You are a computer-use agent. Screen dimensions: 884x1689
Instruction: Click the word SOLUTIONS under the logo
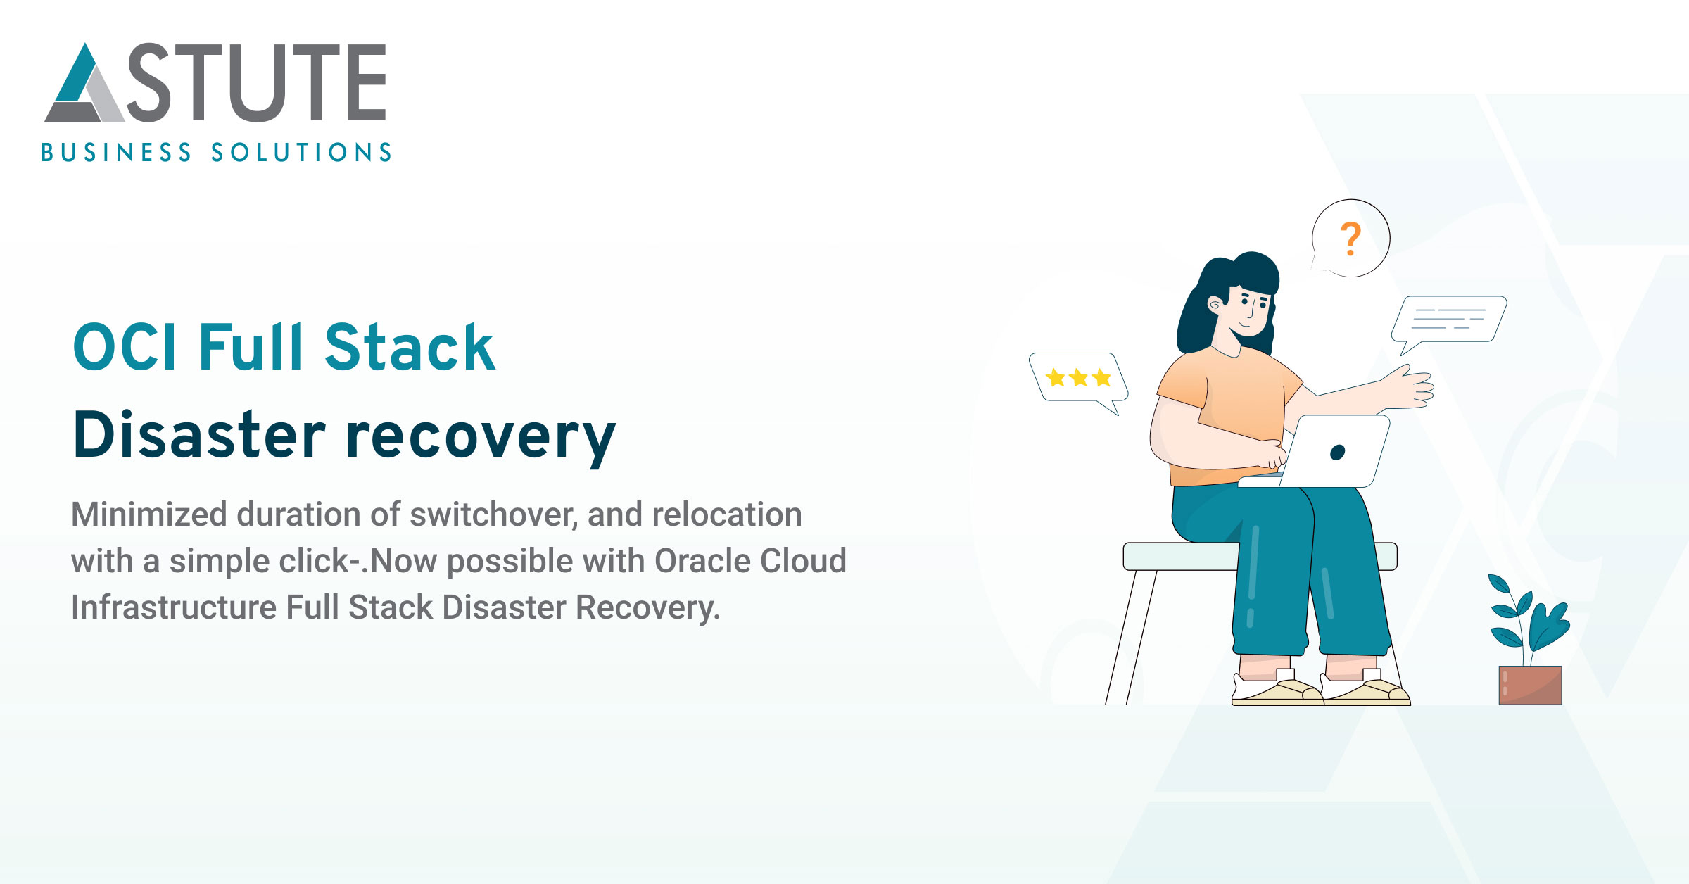coord(301,153)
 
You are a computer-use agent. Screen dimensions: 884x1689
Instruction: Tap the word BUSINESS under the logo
coord(116,153)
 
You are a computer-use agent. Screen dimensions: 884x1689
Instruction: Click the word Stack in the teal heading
coord(410,348)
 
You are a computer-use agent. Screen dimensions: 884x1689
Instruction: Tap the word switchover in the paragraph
coord(493,514)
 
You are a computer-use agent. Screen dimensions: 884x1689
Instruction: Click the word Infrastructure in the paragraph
coord(173,607)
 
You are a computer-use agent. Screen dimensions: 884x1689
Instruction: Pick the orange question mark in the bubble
coord(1350,239)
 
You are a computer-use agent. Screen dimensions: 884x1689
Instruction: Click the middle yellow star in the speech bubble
coord(1078,378)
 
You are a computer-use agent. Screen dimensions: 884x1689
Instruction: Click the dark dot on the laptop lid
coord(1337,453)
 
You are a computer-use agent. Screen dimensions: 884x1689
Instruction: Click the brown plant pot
coord(1530,685)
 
